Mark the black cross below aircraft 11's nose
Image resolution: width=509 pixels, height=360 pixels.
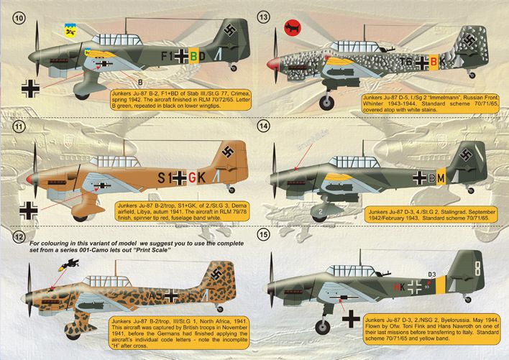point(31,210)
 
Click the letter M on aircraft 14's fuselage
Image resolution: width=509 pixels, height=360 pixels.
point(441,177)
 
